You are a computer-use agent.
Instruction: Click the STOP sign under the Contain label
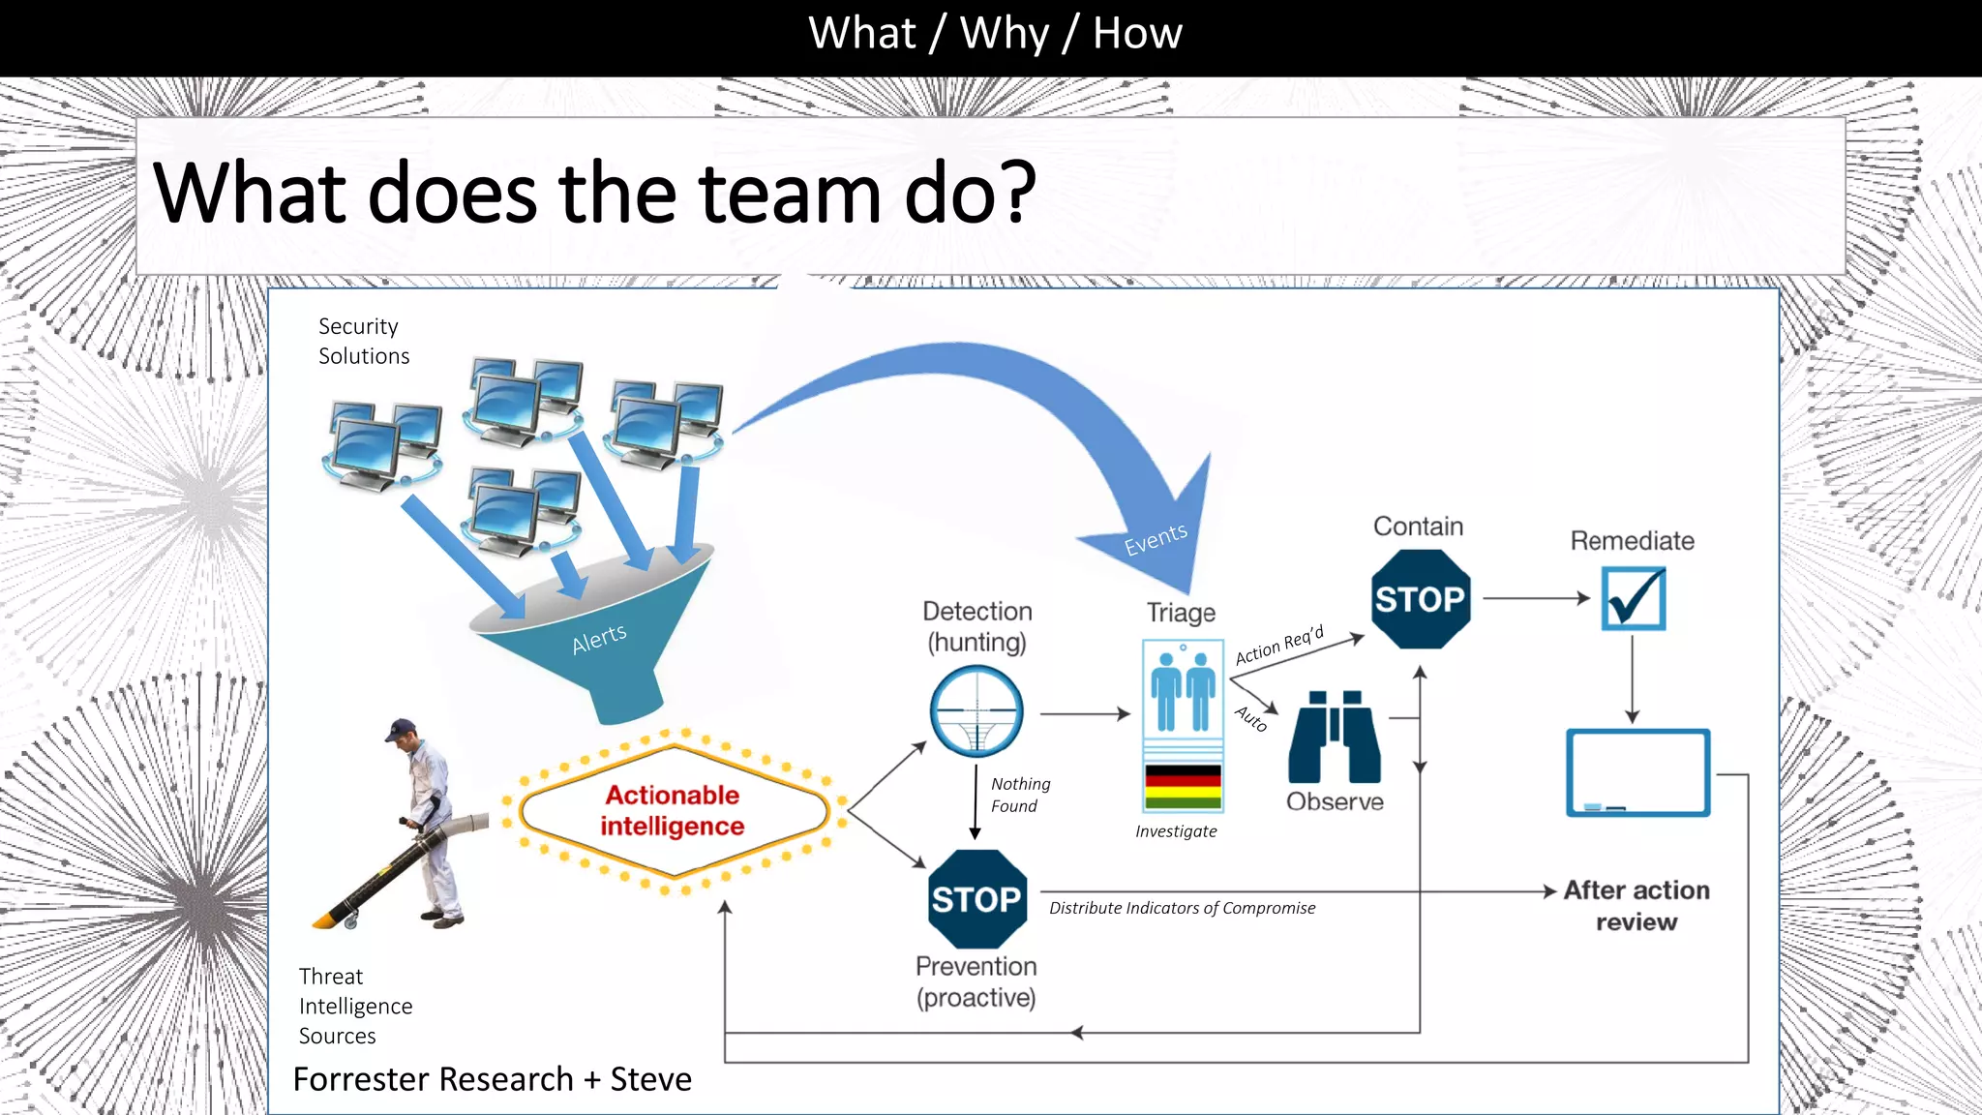1421,599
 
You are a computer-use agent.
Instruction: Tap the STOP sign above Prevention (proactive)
976,899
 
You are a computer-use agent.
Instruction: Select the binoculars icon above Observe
1335,738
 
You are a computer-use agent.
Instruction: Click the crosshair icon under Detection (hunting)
976,711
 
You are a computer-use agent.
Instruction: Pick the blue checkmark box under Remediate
1633,598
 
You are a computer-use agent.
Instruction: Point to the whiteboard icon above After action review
1637,773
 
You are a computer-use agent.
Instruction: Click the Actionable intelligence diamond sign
674,811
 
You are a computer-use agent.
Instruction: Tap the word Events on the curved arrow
1156,539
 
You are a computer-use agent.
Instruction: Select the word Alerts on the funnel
599,639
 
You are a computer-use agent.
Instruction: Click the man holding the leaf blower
426,823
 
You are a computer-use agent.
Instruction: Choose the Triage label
1181,613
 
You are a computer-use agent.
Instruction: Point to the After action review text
1637,906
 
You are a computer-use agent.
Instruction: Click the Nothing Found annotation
1019,795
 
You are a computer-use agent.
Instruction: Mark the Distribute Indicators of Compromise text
1182,908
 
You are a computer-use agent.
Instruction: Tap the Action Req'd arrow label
1279,646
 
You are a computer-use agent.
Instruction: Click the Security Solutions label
364,341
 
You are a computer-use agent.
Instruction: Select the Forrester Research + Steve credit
492,1079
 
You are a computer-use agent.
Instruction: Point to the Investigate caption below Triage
1176,831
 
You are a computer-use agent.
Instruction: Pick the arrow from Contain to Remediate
1535,598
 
